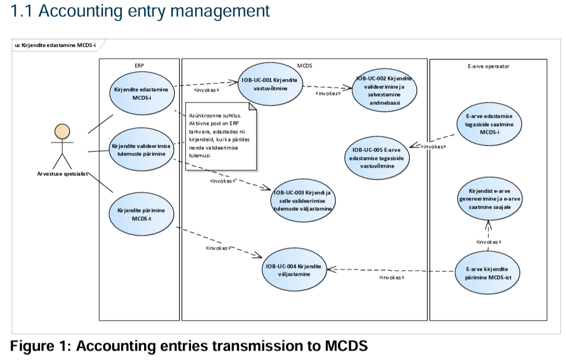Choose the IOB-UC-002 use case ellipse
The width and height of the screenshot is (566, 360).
[384, 90]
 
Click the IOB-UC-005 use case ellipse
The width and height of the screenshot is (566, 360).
[377, 155]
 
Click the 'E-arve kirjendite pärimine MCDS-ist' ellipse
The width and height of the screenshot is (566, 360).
[488, 272]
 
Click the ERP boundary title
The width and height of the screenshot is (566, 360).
[139, 65]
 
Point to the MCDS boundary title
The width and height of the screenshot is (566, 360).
[304, 65]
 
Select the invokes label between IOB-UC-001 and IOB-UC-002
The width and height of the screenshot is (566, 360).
[328, 94]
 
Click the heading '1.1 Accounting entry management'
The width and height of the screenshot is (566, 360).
[140, 11]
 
